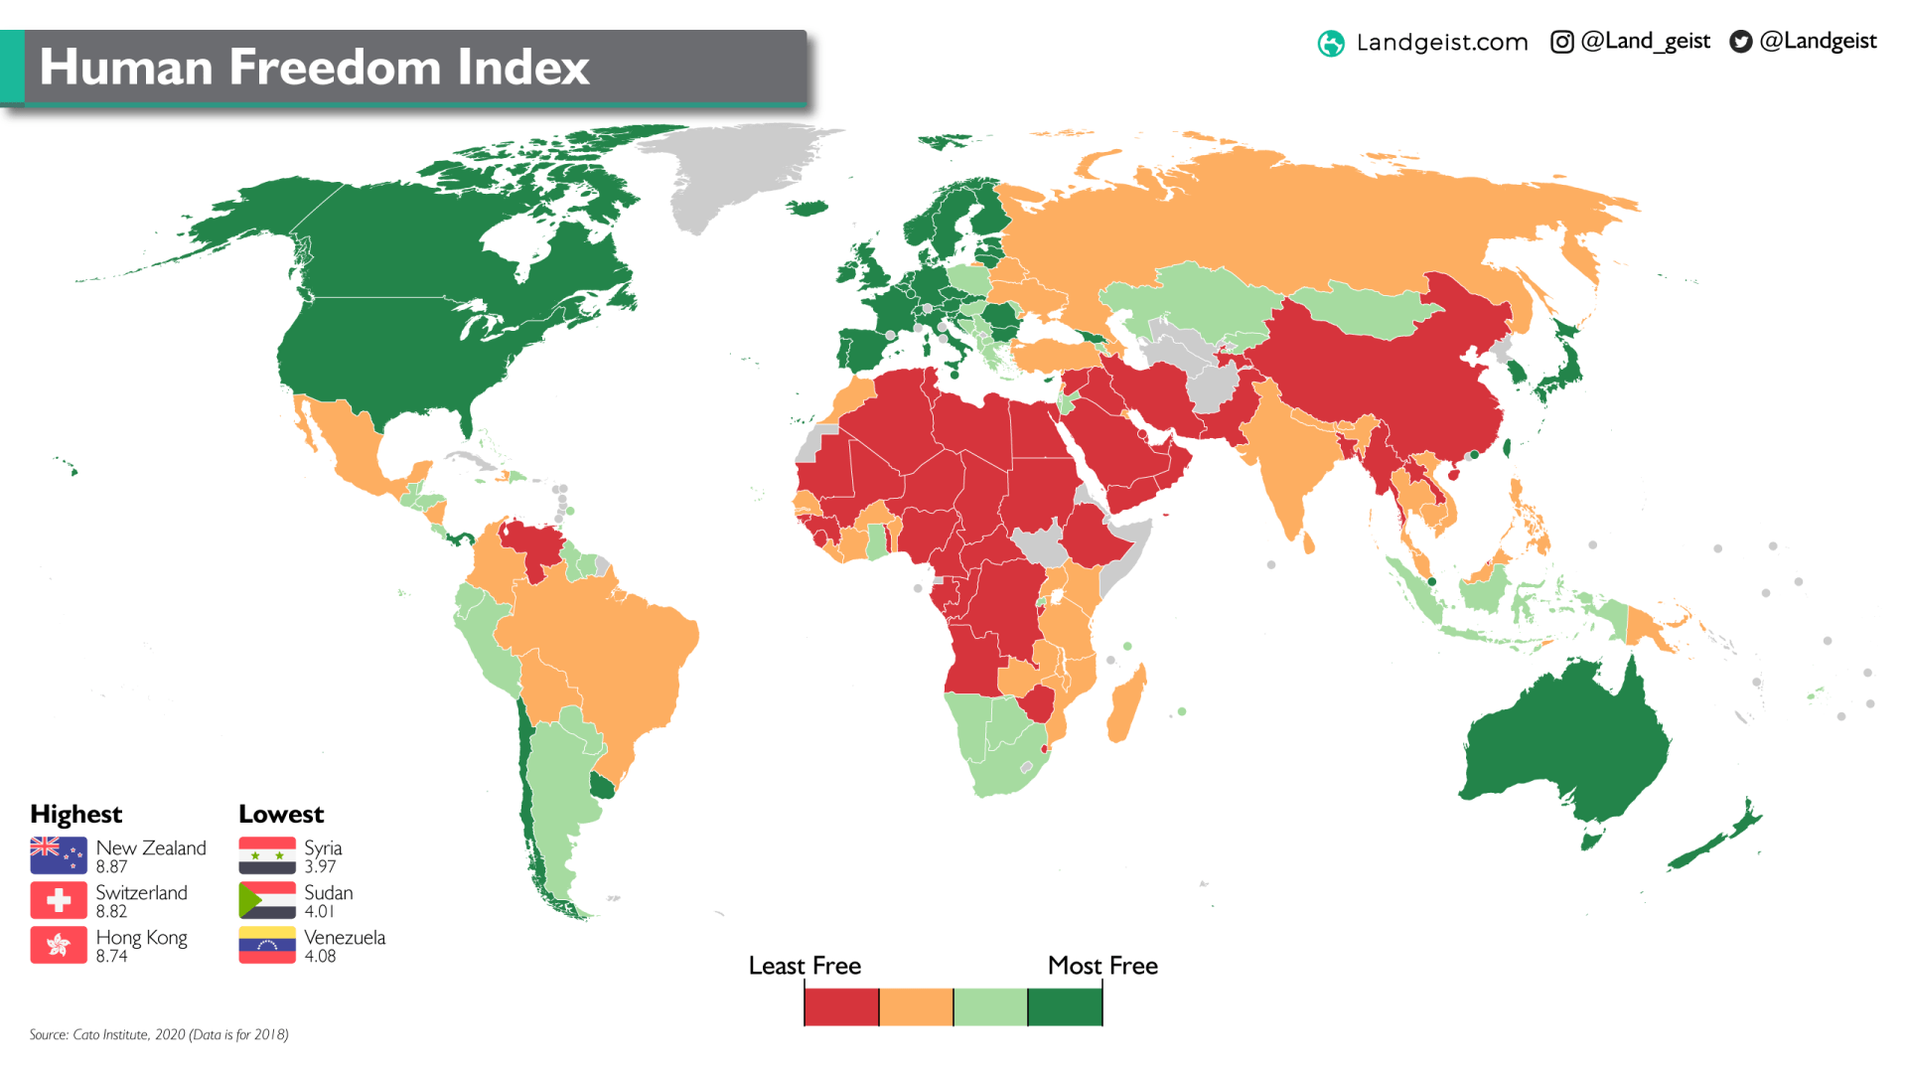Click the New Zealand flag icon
[59, 855]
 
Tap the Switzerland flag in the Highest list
[59, 900]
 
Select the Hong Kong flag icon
[59, 945]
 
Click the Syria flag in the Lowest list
[267, 855]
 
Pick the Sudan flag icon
[267, 900]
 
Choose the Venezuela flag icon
[267, 945]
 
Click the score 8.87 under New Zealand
[111, 867]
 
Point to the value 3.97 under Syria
[320, 867]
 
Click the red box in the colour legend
[841, 1006]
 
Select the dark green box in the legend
[1065, 1006]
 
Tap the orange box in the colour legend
[916, 1006]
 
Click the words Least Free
[805, 966]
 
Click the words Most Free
[1102, 966]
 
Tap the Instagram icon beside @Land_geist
[1561, 42]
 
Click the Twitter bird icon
[1740, 42]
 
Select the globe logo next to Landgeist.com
[1331, 44]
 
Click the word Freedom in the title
[335, 68]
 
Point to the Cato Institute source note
[159, 1034]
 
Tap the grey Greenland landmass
[735, 169]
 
